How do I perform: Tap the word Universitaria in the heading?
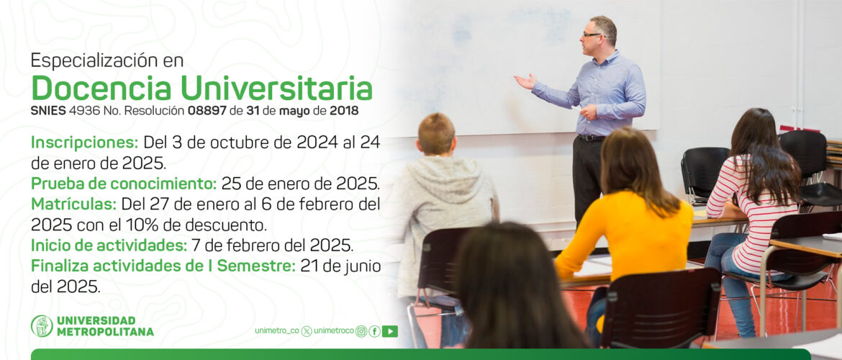pyautogui.click(x=276, y=88)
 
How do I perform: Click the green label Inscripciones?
pyautogui.click(x=85, y=143)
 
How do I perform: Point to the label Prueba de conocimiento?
pyautogui.click(x=124, y=184)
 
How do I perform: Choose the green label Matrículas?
pyautogui.click(x=73, y=204)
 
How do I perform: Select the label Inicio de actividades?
pyautogui.click(x=109, y=245)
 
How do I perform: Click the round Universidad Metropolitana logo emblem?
pyautogui.click(x=42, y=326)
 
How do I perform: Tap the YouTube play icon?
pyautogui.click(x=390, y=331)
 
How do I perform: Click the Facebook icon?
pyautogui.click(x=374, y=331)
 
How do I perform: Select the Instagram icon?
pyautogui.click(x=361, y=331)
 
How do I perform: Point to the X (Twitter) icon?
pyautogui.click(x=307, y=331)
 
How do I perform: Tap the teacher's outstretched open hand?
pyautogui.click(x=525, y=81)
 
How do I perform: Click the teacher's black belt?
pyautogui.click(x=592, y=138)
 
